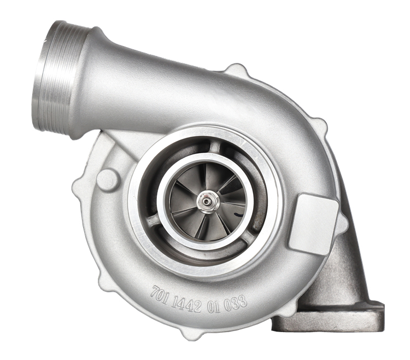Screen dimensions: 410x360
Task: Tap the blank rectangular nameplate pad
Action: coord(313,224)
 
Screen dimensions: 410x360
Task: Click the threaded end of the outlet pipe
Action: coord(54,77)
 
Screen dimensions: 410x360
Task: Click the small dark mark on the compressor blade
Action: coord(238,215)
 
